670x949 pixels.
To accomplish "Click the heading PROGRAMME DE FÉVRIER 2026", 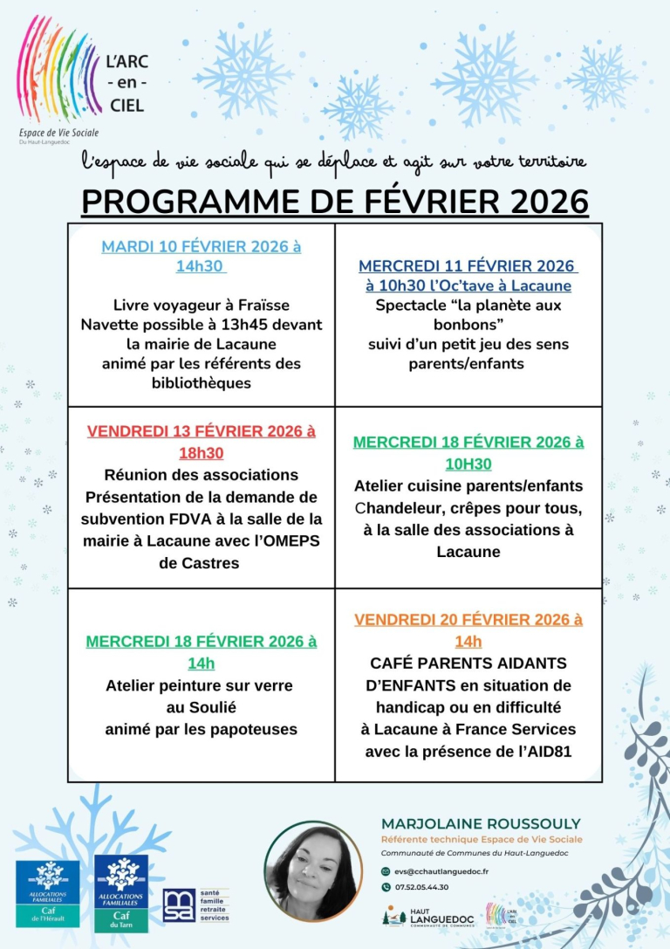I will [x=335, y=201].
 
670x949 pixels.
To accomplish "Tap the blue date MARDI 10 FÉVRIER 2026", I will [x=193, y=246].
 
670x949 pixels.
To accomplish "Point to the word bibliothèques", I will [x=202, y=383].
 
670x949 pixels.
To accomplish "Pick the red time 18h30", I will [x=201, y=453].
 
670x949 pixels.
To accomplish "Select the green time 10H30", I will [x=468, y=464].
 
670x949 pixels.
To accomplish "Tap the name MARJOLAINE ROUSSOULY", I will [x=481, y=824].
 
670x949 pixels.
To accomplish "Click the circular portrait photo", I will [x=313, y=870].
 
